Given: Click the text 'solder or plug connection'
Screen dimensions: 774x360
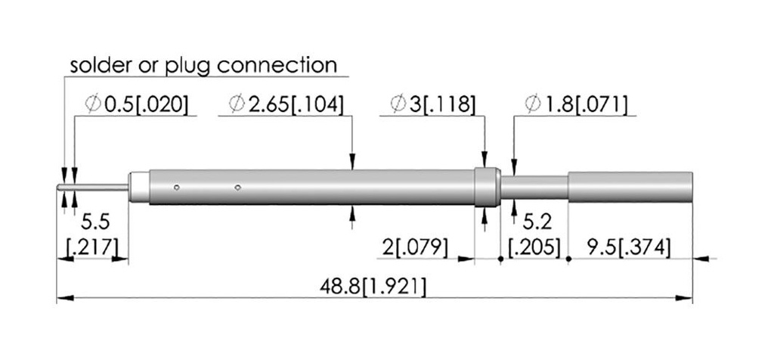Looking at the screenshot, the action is [203, 65].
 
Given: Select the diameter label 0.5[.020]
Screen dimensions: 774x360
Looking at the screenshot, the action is [137, 104].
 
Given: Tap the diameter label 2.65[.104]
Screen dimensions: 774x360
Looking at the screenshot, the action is [286, 104].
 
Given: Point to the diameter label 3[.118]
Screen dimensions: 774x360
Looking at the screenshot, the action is [433, 104].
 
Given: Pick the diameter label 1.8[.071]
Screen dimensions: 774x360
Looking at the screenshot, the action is [577, 104].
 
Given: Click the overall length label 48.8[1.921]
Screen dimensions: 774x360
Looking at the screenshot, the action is [373, 287].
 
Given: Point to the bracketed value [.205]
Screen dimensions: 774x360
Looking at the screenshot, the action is [535, 247].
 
